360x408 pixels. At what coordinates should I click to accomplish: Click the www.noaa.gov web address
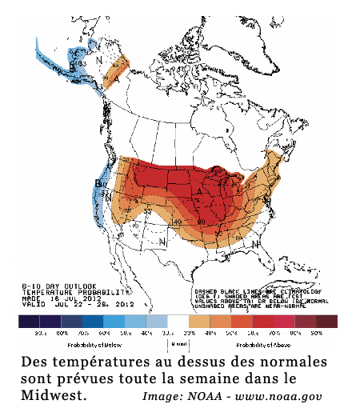[x=280, y=396]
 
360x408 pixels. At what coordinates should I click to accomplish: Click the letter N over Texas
[x=162, y=241]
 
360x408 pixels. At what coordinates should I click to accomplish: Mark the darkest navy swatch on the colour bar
[x=30, y=321]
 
